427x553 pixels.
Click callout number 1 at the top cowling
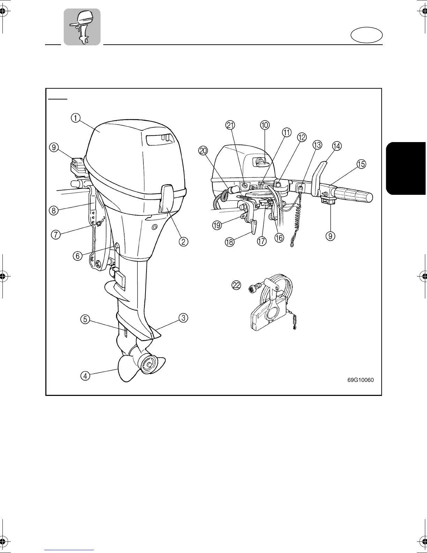coord(75,118)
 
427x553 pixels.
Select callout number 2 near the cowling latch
coord(184,241)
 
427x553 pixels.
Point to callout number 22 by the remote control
coord(236,285)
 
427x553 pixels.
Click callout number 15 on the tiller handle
coord(361,164)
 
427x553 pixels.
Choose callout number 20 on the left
coord(203,150)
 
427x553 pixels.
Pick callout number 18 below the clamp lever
coord(230,242)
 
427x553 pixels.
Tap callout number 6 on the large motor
coord(77,256)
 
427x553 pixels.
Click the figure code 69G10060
coord(360,380)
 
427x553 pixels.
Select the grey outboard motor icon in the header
coord(82,27)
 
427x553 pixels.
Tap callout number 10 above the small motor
coord(265,125)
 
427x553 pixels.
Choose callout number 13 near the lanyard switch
coord(317,145)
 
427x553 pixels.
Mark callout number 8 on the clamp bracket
coord(53,211)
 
